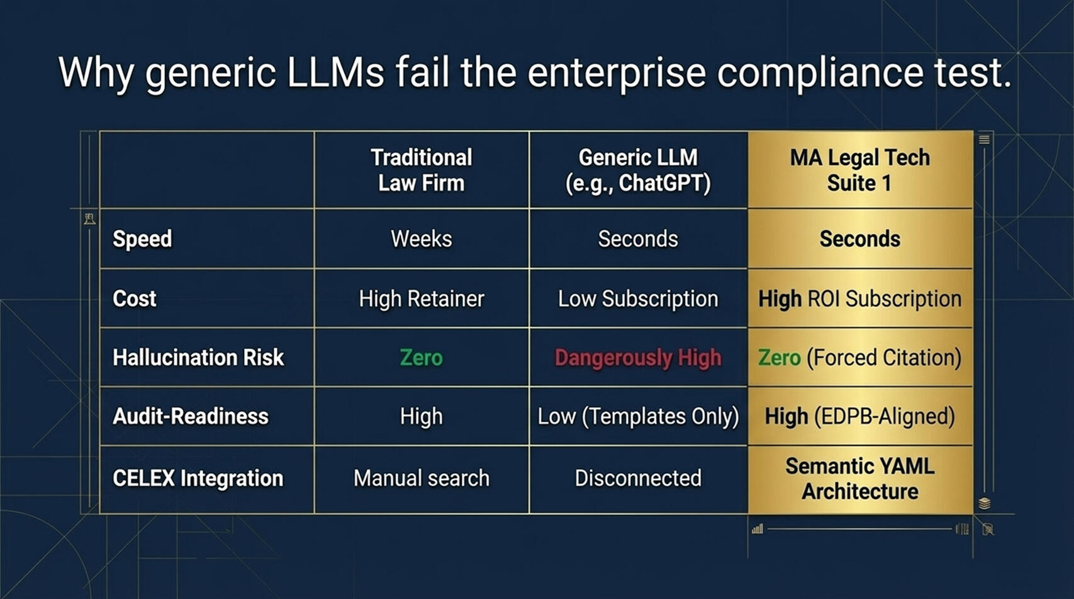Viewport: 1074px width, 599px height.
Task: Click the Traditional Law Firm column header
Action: coord(422,171)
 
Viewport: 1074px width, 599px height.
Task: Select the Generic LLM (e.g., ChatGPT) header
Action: coord(638,171)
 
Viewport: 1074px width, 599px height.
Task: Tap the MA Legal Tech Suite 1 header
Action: coord(859,171)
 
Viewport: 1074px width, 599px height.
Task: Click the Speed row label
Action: coord(142,239)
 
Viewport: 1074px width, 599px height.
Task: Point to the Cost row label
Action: coord(134,298)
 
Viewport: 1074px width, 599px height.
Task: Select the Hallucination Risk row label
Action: coord(198,357)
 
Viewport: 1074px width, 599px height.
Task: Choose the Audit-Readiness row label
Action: coord(191,417)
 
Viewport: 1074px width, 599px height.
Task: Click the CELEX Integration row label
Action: coord(198,478)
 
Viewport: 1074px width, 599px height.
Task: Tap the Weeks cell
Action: coord(422,239)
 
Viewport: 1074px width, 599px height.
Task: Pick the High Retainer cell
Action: coord(422,299)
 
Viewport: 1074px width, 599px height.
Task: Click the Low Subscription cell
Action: coord(638,299)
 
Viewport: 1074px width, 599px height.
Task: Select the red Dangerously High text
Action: coord(638,358)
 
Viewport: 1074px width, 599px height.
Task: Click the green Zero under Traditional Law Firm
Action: coord(422,358)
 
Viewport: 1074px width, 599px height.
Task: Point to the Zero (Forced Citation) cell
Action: coord(859,358)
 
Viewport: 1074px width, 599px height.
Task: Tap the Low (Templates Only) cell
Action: coord(638,417)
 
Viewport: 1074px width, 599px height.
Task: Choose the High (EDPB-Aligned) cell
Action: coord(859,417)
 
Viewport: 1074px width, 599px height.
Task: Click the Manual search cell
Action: coord(422,478)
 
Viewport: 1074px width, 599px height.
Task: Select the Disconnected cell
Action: coord(638,478)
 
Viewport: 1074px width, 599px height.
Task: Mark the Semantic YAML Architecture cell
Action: coord(859,479)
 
